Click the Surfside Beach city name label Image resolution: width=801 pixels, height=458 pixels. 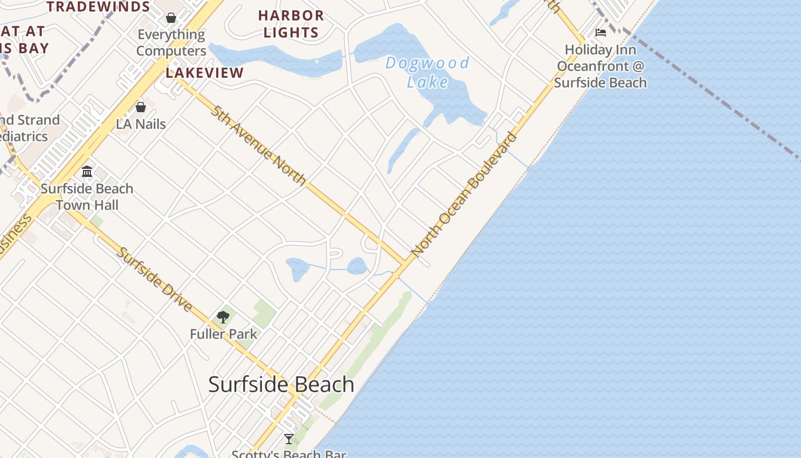[281, 384]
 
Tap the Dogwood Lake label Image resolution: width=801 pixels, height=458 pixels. [427, 72]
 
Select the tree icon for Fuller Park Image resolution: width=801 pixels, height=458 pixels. [223, 317]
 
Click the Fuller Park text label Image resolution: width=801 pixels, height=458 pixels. [224, 334]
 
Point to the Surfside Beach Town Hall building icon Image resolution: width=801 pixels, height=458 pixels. [87, 171]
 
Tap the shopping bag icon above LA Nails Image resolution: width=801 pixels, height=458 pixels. [141, 107]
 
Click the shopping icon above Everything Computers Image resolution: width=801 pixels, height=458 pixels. [170, 18]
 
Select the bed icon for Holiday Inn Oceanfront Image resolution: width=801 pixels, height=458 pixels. [601, 33]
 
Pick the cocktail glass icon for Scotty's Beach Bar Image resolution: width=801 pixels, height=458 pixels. [289, 439]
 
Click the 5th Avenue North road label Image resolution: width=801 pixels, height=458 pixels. [258, 145]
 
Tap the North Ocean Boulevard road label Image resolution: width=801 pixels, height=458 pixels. [464, 194]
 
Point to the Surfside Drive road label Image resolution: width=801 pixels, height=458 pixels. [154, 279]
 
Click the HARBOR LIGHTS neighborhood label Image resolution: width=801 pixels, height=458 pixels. [291, 24]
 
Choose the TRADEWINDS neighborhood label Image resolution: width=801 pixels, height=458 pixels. [98, 7]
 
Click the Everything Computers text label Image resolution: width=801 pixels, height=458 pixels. [171, 43]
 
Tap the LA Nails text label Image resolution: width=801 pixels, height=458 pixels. [141, 124]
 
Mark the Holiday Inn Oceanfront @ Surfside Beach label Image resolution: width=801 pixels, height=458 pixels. [601, 66]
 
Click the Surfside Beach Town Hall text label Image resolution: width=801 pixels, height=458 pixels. [87, 197]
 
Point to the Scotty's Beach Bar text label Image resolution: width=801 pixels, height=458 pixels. [289, 453]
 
